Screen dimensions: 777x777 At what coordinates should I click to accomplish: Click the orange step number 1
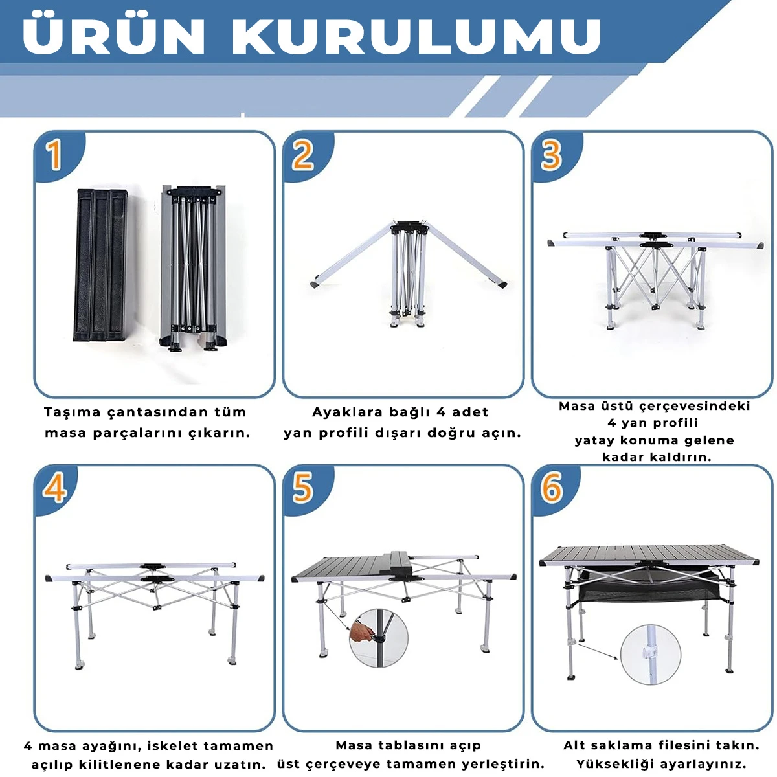click(x=54, y=155)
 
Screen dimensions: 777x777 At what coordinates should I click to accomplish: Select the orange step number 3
click(x=550, y=155)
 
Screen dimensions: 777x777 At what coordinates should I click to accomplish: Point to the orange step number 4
click(x=55, y=488)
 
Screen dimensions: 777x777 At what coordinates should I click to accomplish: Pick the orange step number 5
click(x=302, y=488)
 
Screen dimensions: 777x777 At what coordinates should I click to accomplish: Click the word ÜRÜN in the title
click(x=114, y=35)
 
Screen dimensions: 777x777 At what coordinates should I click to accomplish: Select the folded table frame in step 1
click(x=193, y=267)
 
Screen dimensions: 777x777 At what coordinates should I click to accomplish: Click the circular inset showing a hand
click(x=377, y=636)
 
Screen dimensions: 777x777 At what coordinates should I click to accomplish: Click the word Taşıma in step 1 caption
click(x=72, y=413)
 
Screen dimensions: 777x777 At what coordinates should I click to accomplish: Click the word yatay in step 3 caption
click(x=593, y=441)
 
